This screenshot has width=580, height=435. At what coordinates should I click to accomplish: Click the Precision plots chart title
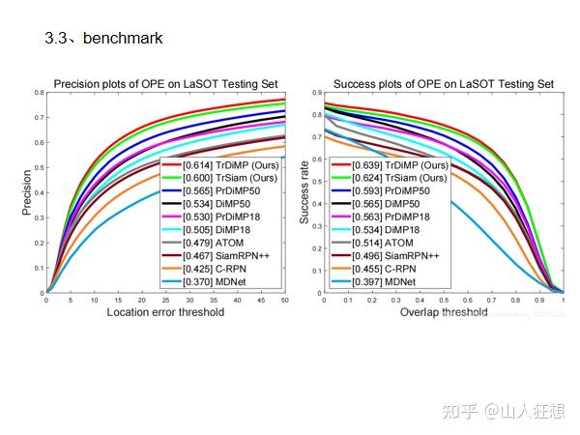pyautogui.click(x=167, y=84)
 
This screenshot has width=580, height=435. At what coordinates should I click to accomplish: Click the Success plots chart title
pyautogui.click(x=444, y=84)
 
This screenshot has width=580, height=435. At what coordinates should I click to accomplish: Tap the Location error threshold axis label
pyautogui.click(x=165, y=312)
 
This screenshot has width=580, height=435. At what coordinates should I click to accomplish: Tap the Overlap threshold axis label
pyautogui.click(x=443, y=312)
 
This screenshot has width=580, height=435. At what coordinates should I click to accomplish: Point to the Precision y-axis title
pyautogui.click(x=27, y=192)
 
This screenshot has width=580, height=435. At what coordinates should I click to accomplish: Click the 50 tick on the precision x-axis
pyautogui.click(x=285, y=300)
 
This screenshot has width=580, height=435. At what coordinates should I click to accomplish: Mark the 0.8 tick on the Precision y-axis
pyautogui.click(x=39, y=93)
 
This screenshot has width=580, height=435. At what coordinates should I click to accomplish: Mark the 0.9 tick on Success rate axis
pyautogui.click(x=315, y=93)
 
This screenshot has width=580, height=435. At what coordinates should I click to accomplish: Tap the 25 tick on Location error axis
pyautogui.click(x=165, y=300)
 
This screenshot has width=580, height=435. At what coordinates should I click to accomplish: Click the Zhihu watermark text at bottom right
pyautogui.click(x=505, y=413)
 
